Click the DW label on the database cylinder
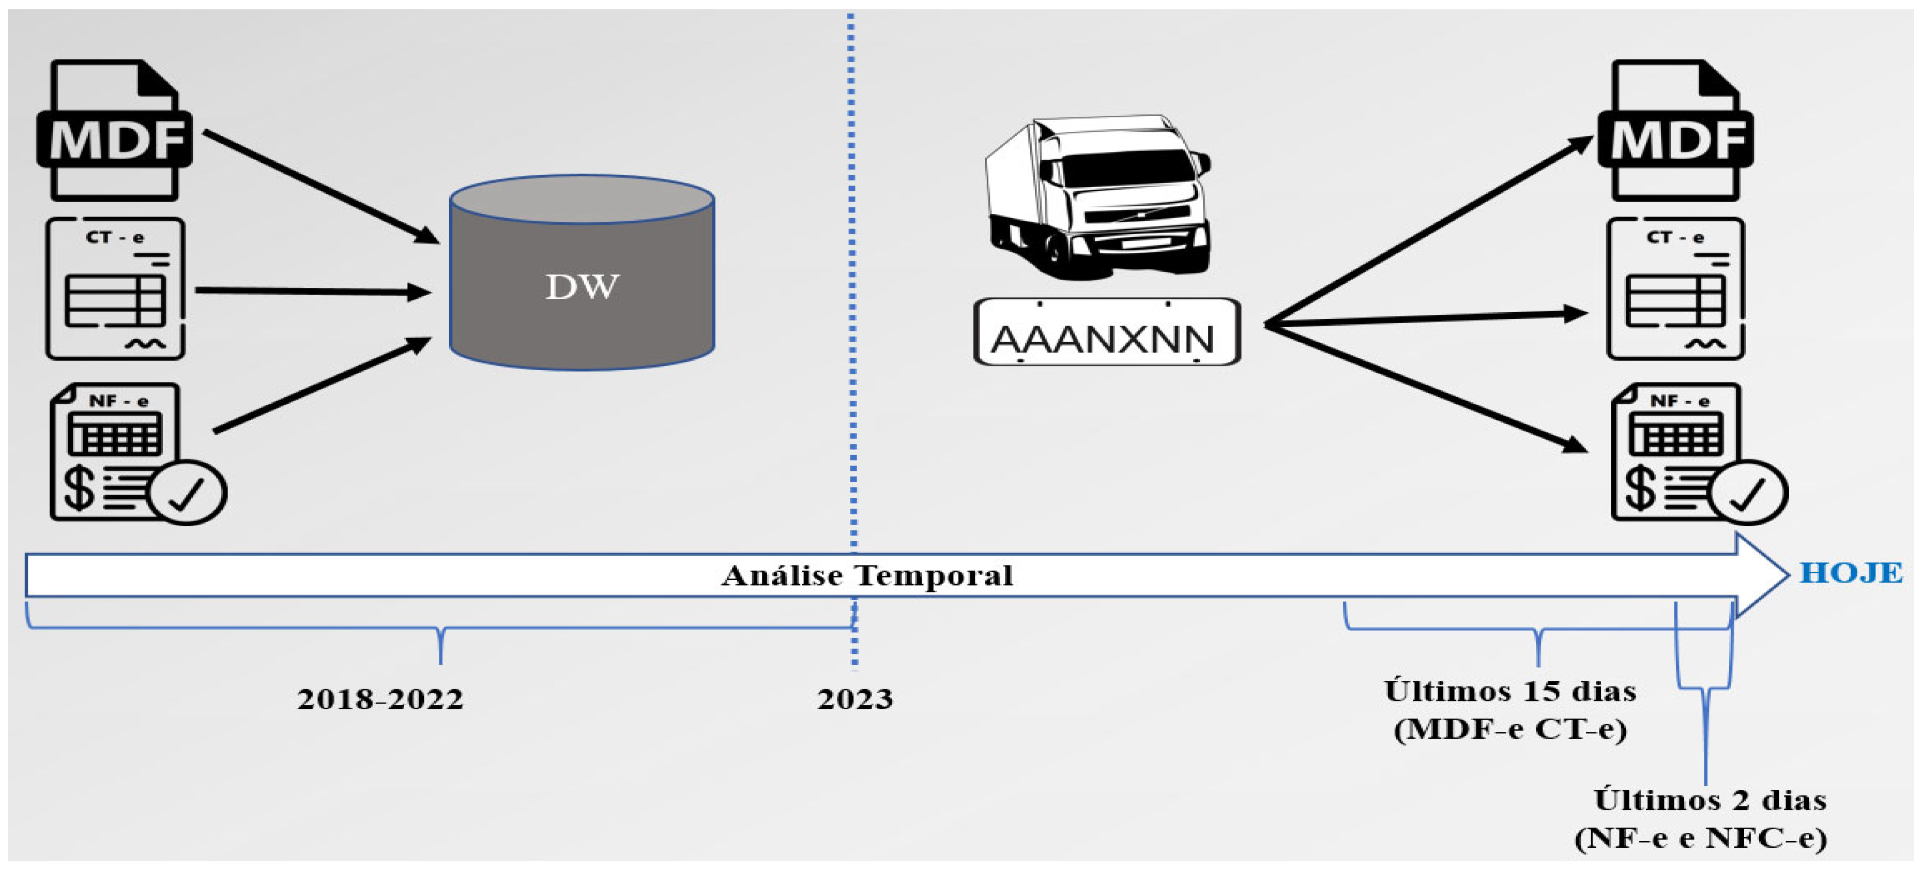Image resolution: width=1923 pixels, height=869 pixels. click(582, 287)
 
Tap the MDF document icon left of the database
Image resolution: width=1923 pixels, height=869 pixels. click(115, 131)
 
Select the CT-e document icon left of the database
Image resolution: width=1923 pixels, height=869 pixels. click(116, 289)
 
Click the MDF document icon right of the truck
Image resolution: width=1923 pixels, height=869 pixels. click(1676, 131)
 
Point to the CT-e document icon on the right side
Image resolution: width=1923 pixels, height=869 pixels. click(1676, 289)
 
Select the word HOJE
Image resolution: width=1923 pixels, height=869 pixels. click(1851, 573)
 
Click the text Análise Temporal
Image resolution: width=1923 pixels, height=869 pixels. click(867, 575)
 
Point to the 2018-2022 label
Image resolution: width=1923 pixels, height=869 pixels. click(380, 699)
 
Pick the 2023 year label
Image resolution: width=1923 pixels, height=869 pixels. click(854, 699)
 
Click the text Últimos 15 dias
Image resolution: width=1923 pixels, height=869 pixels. click(1510, 691)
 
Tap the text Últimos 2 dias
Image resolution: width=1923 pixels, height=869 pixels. click(1710, 800)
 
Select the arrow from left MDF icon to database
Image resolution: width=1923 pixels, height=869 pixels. click(321, 187)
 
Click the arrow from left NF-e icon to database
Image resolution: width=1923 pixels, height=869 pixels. click(321, 385)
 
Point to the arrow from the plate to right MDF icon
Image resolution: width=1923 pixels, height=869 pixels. click(1426, 232)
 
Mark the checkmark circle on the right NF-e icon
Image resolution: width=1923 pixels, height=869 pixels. click(1748, 492)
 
